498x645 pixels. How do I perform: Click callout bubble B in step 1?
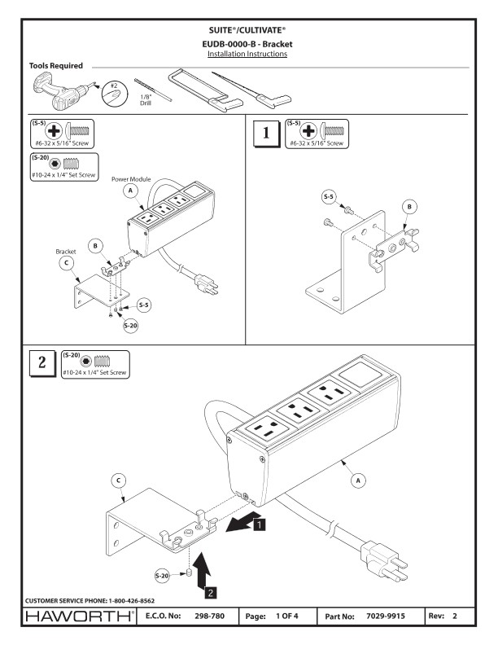coord(408,208)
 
